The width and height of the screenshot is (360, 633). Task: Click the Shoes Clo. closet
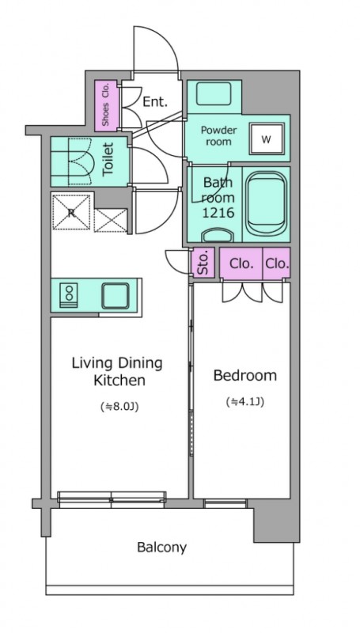(x=107, y=106)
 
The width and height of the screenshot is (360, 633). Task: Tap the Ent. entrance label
(x=155, y=102)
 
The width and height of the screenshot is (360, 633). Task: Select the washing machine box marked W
(x=266, y=139)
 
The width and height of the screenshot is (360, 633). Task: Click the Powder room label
(x=218, y=136)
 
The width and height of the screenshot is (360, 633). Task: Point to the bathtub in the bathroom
(x=266, y=205)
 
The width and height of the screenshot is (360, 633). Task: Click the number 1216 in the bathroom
(x=218, y=213)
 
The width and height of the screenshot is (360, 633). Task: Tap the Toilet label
(x=108, y=160)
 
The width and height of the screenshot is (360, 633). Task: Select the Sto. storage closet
(x=203, y=263)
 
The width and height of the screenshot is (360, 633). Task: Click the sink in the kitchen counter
(x=116, y=296)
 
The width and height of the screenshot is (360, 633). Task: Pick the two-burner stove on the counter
(x=69, y=295)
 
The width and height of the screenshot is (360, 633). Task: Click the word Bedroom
(x=245, y=375)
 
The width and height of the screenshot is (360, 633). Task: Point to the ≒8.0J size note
(x=119, y=407)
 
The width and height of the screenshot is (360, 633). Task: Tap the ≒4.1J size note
(x=245, y=402)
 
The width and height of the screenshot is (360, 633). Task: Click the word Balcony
(x=162, y=548)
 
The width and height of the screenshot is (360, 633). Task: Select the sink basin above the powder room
(x=214, y=93)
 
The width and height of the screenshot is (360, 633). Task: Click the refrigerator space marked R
(x=71, y=212)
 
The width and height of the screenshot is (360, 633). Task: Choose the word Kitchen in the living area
(x=119, y=381)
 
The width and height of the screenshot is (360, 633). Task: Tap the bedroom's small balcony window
(x=225, y=503)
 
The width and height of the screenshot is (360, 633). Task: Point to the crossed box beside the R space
(x=111, y=221)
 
